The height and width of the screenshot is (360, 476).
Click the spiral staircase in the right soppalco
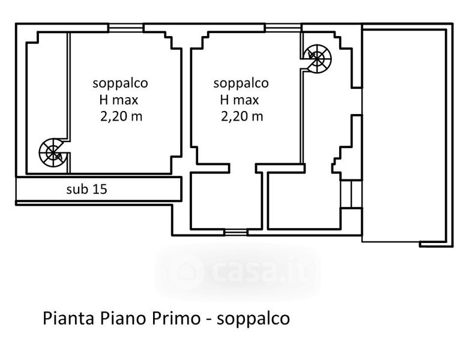318,58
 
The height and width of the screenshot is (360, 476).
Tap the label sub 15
86,189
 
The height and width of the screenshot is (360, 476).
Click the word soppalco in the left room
120,83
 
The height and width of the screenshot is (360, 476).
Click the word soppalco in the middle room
241,83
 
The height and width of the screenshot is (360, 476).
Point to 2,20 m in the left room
121,116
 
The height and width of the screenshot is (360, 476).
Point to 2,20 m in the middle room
242,116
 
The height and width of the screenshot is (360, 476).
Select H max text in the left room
119,100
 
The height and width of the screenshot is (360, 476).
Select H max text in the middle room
240,100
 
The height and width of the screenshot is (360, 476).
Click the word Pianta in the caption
68,319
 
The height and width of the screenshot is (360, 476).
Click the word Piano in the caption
122,319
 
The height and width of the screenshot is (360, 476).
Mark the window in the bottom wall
236,233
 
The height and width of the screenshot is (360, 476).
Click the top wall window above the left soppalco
125,28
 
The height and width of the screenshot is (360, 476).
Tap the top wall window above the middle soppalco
283,28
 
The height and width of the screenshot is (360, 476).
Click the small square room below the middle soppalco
226,200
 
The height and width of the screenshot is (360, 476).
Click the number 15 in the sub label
100,189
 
